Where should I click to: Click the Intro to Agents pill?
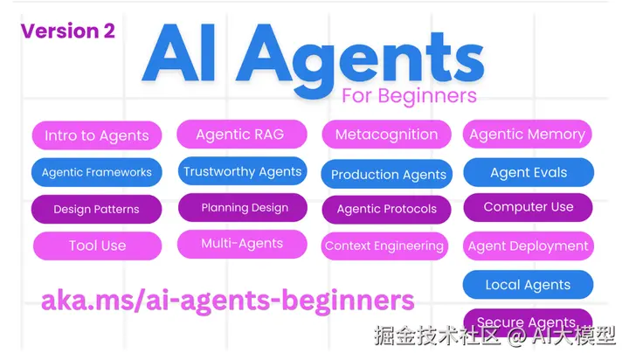tap(97, 135)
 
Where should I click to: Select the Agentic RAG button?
tap(242, 134)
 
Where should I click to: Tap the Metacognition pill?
tap(387, 134)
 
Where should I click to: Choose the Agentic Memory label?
tap(528, 134)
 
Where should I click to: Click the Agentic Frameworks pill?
tap(97, 172)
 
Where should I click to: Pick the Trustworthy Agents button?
tap(243, 171)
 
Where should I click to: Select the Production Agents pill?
tap(387, 174)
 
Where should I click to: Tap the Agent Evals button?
tap(529, 172)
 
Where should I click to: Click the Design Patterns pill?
tap(97, 209)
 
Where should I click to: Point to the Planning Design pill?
tap(243, 207)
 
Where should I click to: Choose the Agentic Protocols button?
tap(387, 209)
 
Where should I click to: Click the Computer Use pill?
tap(529, 207)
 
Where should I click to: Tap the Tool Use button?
tap(98, 246)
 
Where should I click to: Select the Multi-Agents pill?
tap(242, 244)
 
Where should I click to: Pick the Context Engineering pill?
tap(384, 246)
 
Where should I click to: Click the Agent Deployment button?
tap(529, 246)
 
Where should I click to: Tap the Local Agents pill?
tap(528, 285)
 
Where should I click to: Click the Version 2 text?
tap(68, 31)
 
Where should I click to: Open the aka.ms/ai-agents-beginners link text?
tap(227, 301)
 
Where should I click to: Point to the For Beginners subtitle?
tap(409, 96)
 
